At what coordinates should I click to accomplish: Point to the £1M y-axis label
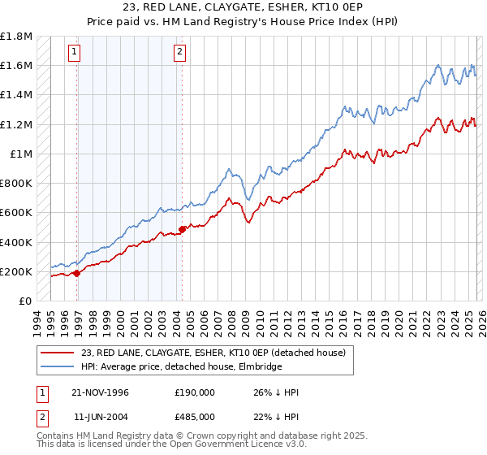tap(21, 154)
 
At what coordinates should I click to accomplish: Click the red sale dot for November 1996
tap(77, 273)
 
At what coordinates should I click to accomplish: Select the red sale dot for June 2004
tap(182, 229)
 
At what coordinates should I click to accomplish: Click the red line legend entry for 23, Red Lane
tap(213, 353)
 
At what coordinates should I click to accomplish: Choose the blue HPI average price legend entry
tap(181, 367)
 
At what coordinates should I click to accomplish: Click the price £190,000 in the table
tap(194, 392)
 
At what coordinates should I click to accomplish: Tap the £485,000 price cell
tap(194, 418)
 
